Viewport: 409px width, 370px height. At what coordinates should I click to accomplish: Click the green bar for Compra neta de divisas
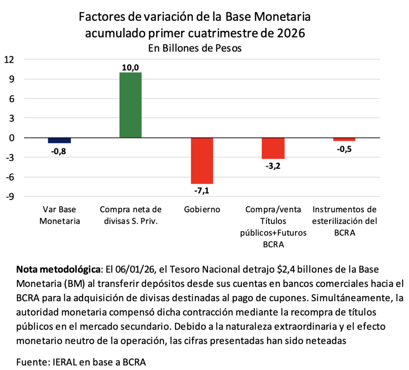click(x=131, y=105)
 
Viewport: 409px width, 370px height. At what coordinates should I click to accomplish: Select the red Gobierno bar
click(x=202, y=161)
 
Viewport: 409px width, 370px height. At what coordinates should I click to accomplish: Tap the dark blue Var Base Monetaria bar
click(x=60, y=140)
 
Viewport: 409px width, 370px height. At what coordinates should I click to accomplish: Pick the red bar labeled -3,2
click(x=273, y=148)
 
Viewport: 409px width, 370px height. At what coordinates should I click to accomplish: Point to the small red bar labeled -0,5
click(x=344, y=139)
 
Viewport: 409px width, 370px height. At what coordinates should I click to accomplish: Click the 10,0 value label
click(x=131, y=68)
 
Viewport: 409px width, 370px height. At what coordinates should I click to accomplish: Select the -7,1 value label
click(x=202, y=191)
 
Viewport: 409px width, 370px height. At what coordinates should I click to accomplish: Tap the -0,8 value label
click(x=59, y=151)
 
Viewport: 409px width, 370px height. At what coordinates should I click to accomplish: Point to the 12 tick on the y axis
click(x=9, y=60)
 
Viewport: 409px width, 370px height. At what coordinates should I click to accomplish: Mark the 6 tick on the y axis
click(x=12, y=99)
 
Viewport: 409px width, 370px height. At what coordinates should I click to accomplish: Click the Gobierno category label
click(x=202, y=209)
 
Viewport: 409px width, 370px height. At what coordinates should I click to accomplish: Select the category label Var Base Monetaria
click(x=60, y=215)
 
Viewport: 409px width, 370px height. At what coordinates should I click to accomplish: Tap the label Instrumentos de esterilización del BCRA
click(x=345, y=221)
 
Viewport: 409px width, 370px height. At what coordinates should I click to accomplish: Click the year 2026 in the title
click(x=291, y=33)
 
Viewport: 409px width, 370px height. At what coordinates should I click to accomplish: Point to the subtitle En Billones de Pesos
click(x=195, y=48)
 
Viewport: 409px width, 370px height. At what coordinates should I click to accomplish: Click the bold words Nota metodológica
click(x=58, y=269)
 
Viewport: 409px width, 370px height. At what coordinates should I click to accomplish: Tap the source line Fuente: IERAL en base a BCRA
click(x=81, y=362)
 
